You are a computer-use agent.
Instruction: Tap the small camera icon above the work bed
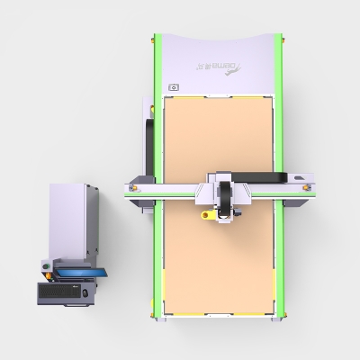[174, 87]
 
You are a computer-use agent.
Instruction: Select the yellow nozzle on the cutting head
[205, 216]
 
